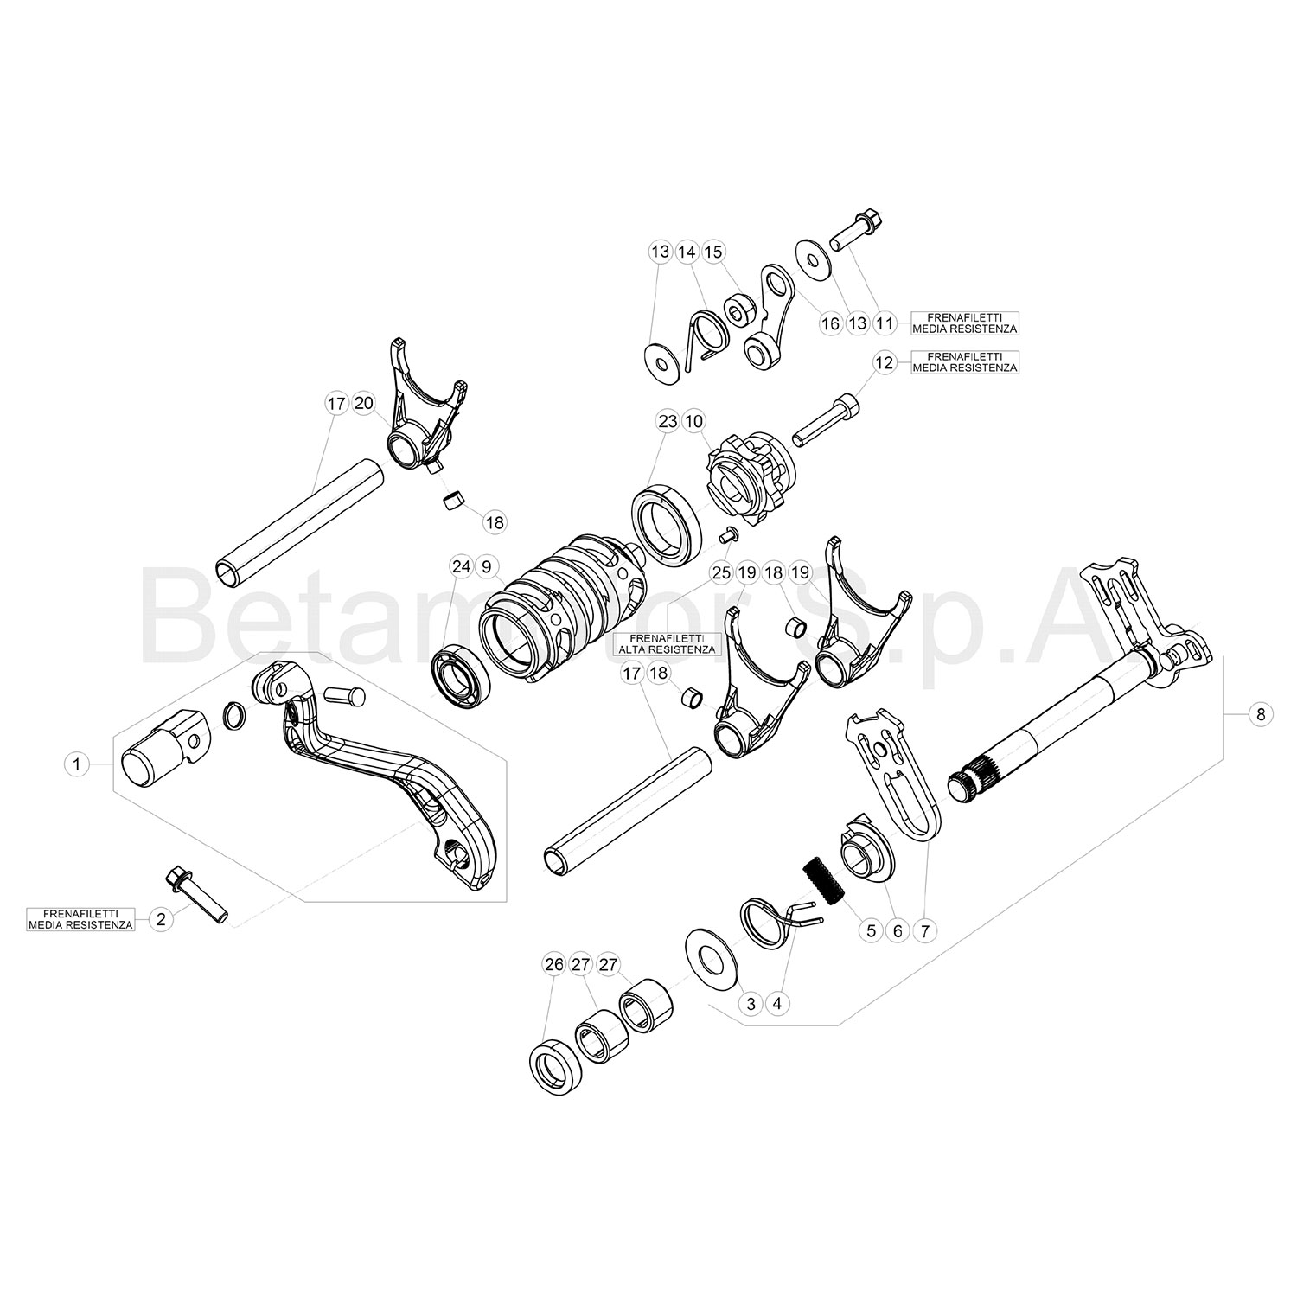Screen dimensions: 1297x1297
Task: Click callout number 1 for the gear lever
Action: tap(77, 764)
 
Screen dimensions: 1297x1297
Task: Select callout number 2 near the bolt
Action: tap(160, 919)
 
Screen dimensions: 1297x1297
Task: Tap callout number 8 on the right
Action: tap(1261, 714)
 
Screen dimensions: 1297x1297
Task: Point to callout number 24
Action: tap(461, 567)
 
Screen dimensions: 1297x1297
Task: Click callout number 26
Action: tap(554, 965)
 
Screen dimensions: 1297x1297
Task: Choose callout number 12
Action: tap(884, 363)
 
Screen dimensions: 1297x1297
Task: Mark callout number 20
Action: tap(364, 403)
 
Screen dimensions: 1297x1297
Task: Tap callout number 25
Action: tap(721, 572)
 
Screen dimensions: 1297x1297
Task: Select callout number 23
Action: tap(667, 422)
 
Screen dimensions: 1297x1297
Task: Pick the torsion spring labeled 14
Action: tap(706, 340)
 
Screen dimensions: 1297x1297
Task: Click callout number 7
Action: tap(924, 931)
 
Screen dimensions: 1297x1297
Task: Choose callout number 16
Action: tap(830, 324)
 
